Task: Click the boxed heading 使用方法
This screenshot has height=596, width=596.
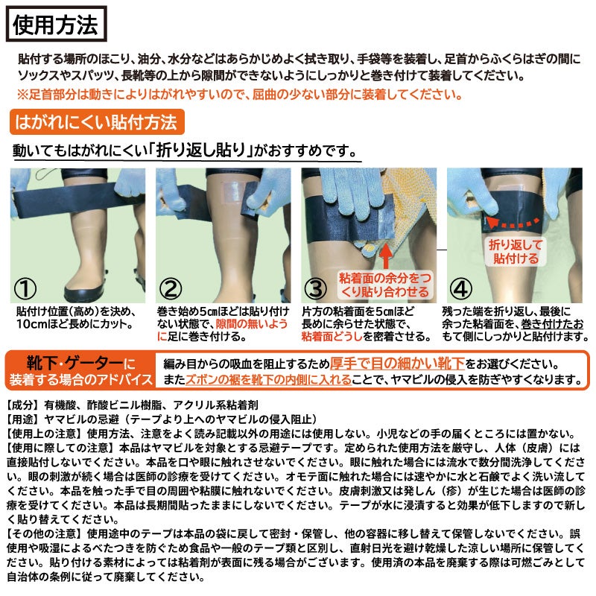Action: tap(57, 24)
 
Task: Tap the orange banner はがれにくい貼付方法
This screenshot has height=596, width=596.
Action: tap(97, 122)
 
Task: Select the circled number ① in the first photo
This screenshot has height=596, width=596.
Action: tap(25, 289)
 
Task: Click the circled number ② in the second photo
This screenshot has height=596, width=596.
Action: tap(171, 289)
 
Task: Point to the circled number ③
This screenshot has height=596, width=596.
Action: tap(316, 289)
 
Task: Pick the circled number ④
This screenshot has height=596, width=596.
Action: tap(460, 289)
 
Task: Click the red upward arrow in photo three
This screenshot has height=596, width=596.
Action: tap(386, 256)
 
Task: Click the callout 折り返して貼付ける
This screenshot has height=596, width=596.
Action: tap(516, 252)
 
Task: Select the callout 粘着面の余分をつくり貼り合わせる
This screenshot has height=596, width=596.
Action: tap(385, 285)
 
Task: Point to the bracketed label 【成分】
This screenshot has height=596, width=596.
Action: tap(23, 405)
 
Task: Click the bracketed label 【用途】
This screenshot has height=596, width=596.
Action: tap(23, 419)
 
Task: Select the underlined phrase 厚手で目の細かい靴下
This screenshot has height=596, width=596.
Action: tap(397, 364)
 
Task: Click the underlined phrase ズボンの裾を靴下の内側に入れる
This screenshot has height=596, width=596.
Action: tap(268, 380)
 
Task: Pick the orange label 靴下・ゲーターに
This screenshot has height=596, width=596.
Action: tap(80, 364)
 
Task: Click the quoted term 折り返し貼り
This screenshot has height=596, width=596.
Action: tap(201, 150)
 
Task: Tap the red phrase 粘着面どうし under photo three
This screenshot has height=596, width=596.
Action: tap(332, 337)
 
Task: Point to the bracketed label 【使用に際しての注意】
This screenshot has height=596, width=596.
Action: tap(60, 448)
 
